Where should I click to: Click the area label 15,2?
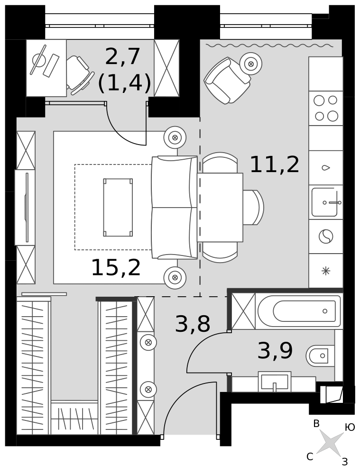click(116, 268)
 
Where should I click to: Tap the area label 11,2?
click(275, 165)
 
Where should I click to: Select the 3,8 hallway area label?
click(193, 325)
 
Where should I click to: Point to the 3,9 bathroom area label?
click(275, 351)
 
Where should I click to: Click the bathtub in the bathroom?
click(299, 311)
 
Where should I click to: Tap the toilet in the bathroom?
click(320, 355)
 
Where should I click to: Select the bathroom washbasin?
click(275, 382)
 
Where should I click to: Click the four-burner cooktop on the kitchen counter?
click(326, 108)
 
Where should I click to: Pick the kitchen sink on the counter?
click(325, 202)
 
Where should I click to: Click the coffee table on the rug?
click(118, 207)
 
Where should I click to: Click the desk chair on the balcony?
click(77, 73)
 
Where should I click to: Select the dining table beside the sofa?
click(220, 207)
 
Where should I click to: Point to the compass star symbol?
click(330, 443)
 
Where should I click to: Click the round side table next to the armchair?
click(251, 64)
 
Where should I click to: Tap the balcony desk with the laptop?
click(46, 68)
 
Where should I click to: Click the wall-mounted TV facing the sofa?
click(27, 207)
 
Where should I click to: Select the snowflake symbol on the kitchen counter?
click(326, 271)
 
